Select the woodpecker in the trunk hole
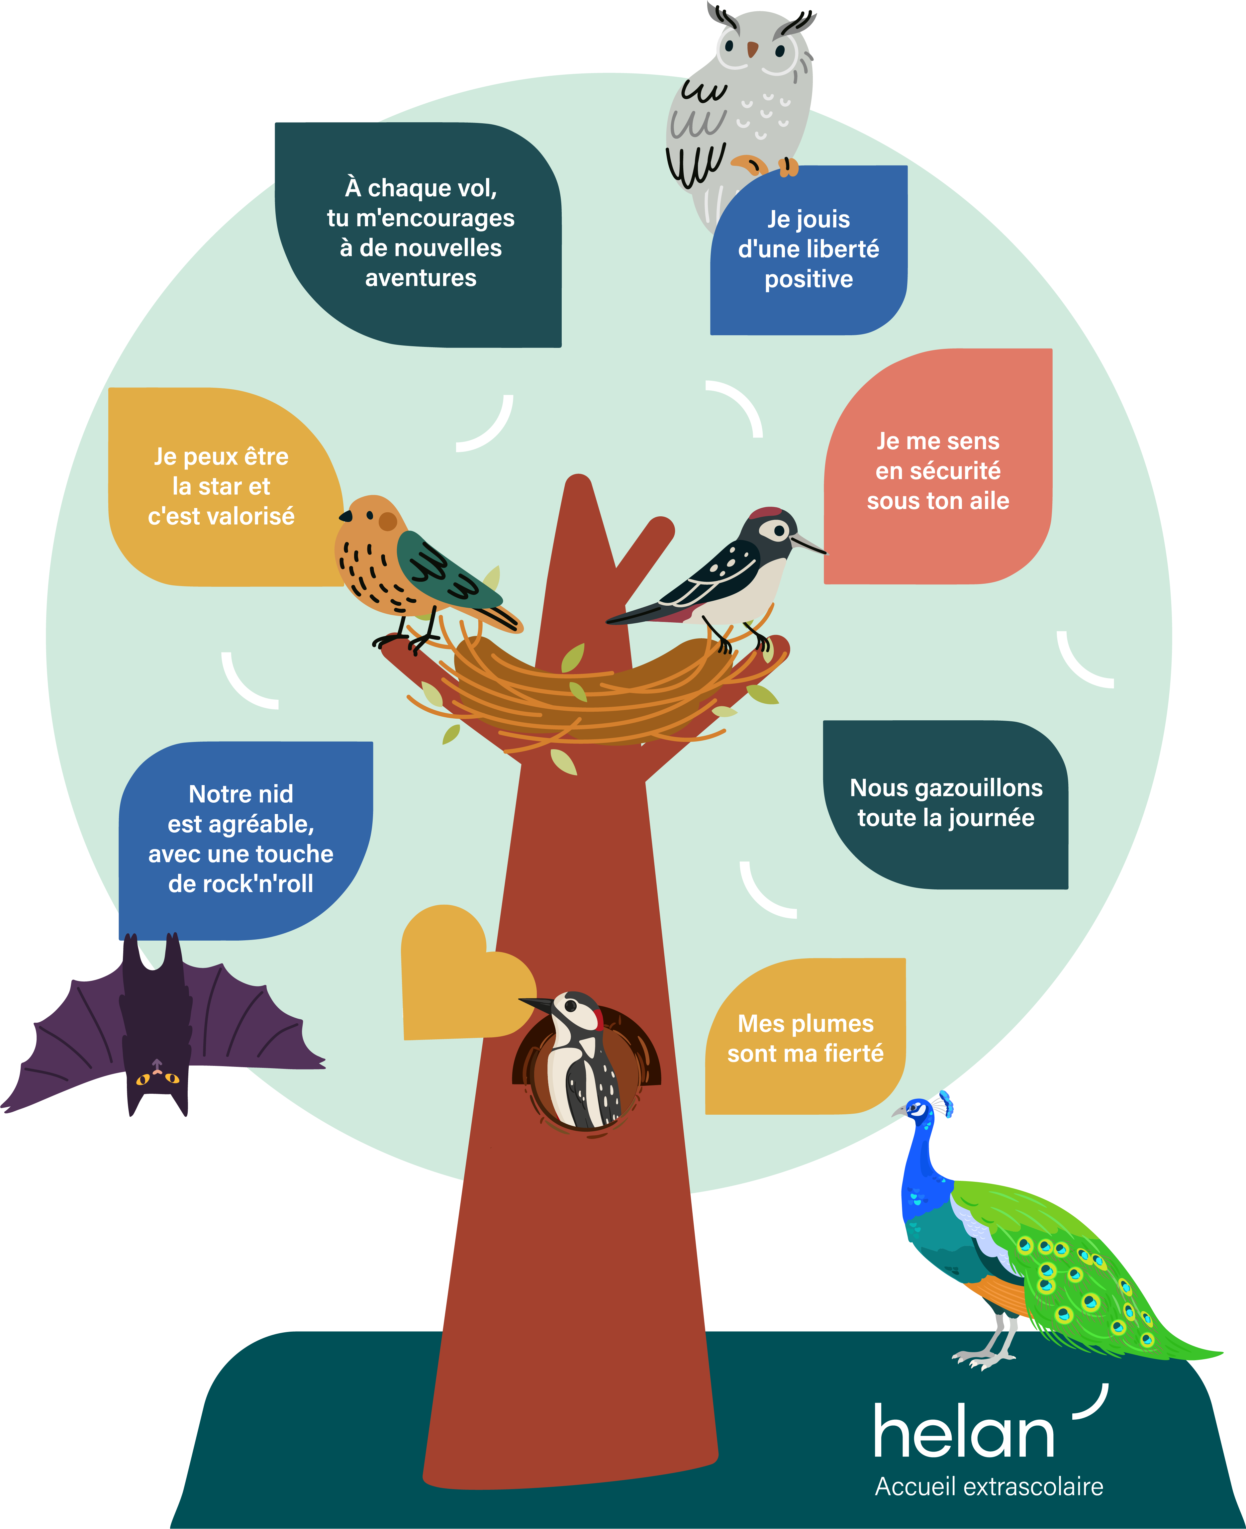coord(580,1055)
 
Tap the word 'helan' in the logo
coord(963,1432)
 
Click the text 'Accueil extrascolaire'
coord(988,1486)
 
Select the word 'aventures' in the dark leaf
coord(421,278)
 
